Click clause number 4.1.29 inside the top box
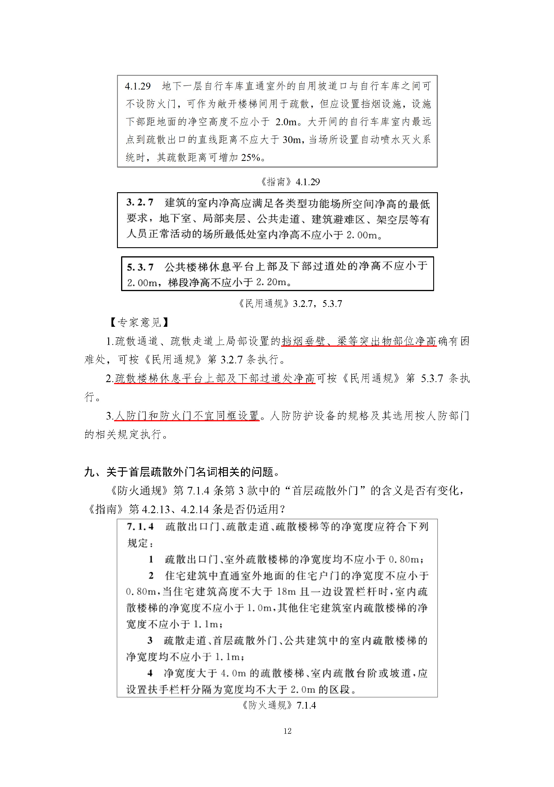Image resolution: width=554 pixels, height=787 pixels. (x=138, y=86)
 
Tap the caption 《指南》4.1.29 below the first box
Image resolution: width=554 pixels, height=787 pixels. (x=290, y=182)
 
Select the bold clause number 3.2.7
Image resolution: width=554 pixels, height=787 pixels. (x=140, y=202)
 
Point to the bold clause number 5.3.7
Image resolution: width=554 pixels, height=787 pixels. (x=140, y=267)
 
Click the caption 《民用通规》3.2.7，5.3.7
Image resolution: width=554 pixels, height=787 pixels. (x=290, y=303)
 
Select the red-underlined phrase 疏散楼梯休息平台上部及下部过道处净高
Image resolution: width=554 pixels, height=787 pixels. (x=214, y=378)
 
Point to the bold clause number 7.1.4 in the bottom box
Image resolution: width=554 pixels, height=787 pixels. (x=140, y=527)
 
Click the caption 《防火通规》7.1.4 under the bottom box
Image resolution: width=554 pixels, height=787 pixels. (x=278, y=705)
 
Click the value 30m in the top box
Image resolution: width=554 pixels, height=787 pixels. (x=292, y=140)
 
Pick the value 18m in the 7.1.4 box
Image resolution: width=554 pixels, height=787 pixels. (x=286, y=591)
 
